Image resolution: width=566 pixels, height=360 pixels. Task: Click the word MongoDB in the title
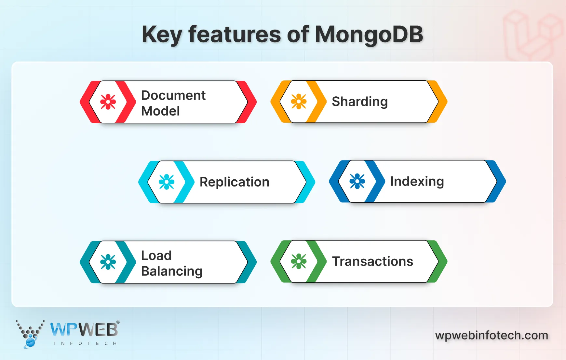pos(369,35)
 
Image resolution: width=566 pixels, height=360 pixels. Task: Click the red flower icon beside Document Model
pos(108,102)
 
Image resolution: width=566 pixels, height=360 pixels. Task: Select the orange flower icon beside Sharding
pos(299,102)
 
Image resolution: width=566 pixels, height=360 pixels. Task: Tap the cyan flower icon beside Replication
pos(167,182)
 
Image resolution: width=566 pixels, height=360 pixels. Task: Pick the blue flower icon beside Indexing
pos(357,181)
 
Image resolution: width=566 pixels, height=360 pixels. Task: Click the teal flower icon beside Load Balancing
pos(108,262)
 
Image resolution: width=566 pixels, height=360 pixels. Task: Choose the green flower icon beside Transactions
pos(299,261)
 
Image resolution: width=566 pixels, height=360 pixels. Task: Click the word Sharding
pos(359,102)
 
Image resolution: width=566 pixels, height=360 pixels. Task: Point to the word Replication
pos(234,182)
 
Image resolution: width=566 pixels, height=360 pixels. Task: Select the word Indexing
pos(417,181)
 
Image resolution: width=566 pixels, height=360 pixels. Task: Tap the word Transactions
pos(372,261)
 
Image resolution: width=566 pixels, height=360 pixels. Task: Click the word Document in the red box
pos(173,95)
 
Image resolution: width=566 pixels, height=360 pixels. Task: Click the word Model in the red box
pos(160,111)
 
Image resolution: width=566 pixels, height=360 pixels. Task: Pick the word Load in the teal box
pos(156,256)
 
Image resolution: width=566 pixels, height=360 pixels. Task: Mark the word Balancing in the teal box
pos(172,271)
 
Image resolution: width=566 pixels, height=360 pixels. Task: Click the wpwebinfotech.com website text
pos(492,335)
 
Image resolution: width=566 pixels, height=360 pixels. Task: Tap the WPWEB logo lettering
pos(84,330)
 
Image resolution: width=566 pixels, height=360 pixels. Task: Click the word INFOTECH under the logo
pos(85,343)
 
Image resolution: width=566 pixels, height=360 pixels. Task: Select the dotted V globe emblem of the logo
pos(30,334)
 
